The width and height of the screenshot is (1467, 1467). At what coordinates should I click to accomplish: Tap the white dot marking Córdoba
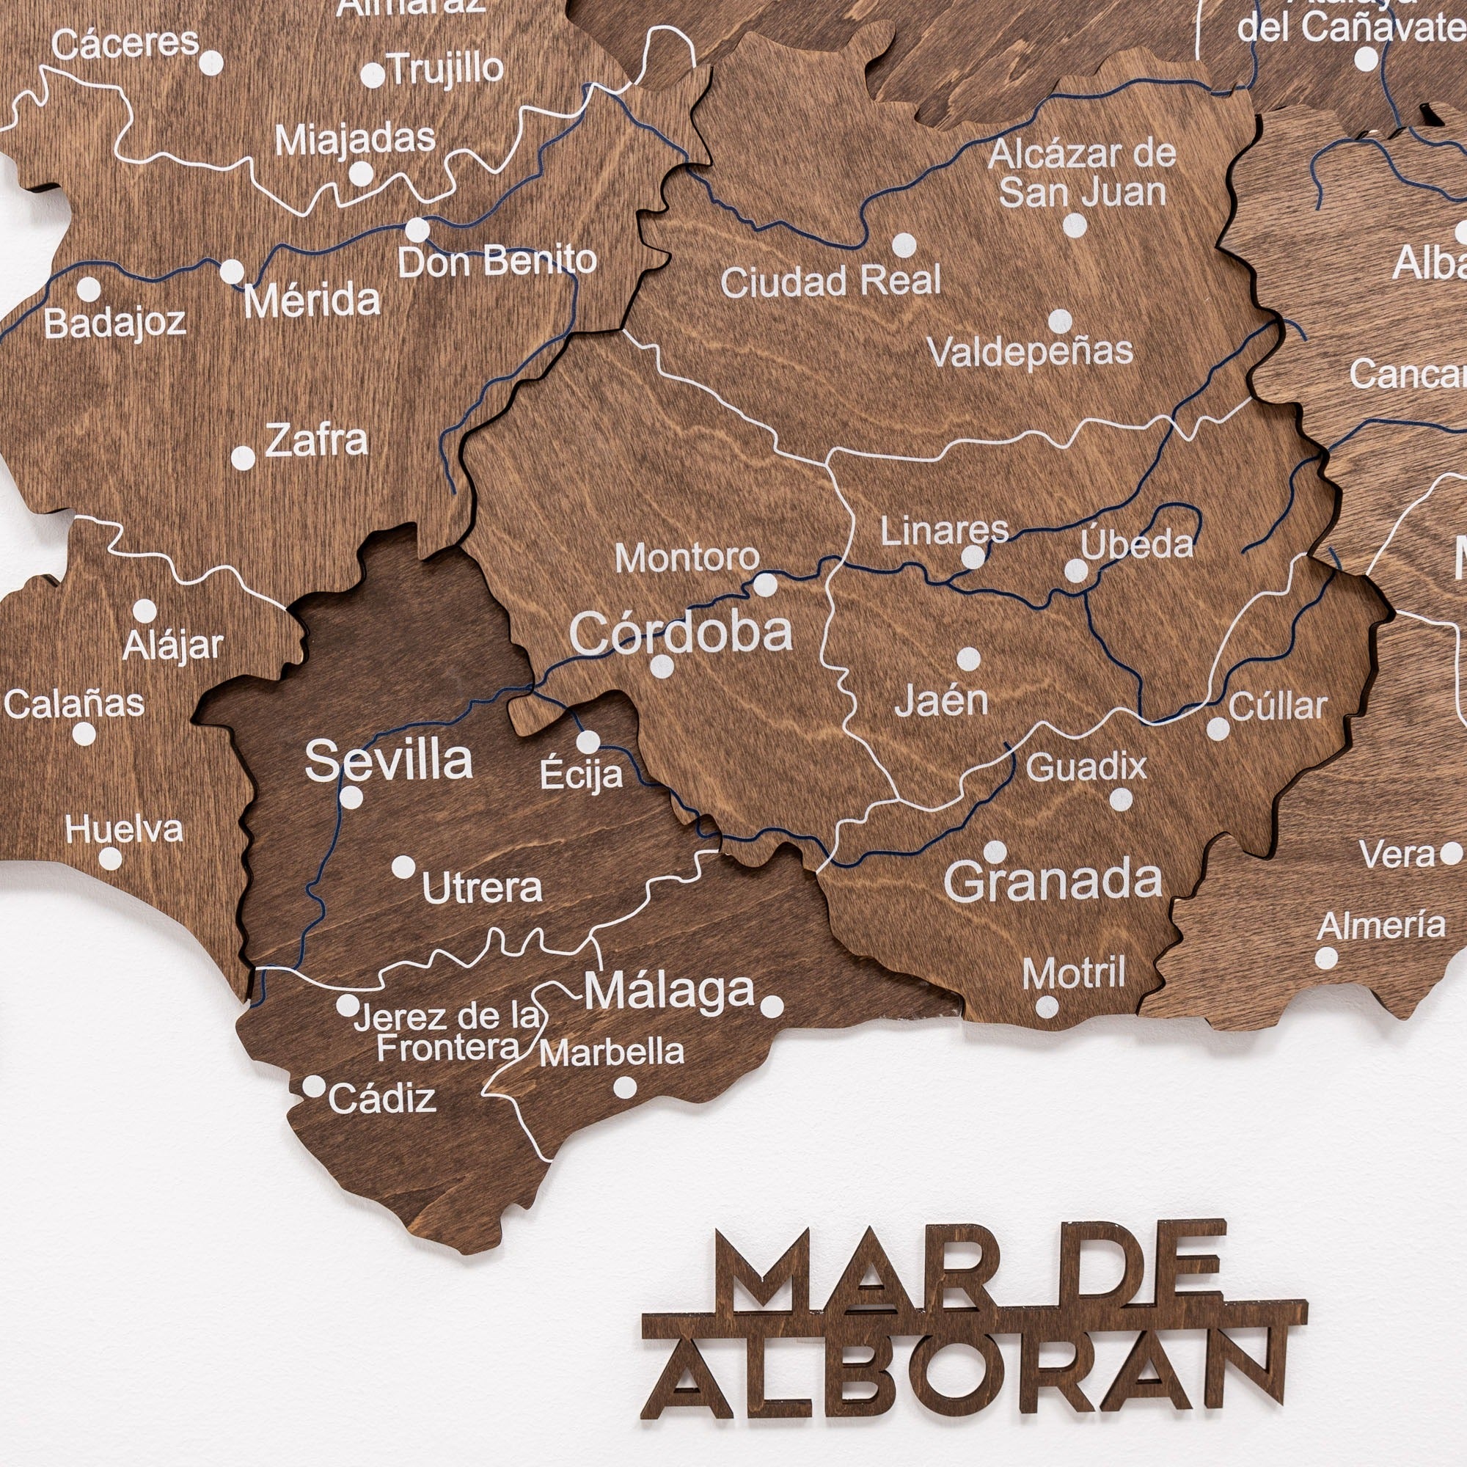click(662, 667)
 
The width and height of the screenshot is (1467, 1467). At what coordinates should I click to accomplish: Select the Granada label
click(1053, 881)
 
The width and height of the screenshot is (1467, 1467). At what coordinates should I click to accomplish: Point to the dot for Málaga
click(772, 1007)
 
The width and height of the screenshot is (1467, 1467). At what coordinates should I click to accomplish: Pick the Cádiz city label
click(382, 1098)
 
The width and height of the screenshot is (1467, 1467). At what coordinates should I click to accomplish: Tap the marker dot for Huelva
click(110, 859)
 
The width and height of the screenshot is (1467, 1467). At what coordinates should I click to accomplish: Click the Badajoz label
click(114, 323)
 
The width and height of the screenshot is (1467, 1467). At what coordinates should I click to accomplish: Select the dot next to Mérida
click(232, 271)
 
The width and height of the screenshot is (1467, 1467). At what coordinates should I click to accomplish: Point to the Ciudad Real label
click(831, 282)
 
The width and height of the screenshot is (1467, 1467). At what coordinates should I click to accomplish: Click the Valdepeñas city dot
click(1060, 321)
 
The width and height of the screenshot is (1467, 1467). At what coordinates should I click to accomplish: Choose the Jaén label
click(942, 700)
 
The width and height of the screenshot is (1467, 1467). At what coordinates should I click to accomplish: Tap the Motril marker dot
click(1047, 1007)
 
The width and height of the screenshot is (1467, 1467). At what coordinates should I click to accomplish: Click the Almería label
click(1381, 926)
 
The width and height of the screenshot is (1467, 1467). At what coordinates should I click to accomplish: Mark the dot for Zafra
click(243, 458)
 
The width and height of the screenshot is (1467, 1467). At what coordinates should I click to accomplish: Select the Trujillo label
click(447, 69)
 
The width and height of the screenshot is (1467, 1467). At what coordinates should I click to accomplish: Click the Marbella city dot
click(625, 1087)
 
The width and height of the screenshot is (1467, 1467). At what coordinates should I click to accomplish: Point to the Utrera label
click(482, 887)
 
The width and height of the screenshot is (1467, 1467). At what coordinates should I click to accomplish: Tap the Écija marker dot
click(588, 742)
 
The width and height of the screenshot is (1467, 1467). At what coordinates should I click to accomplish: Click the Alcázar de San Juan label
click(1082, 174)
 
